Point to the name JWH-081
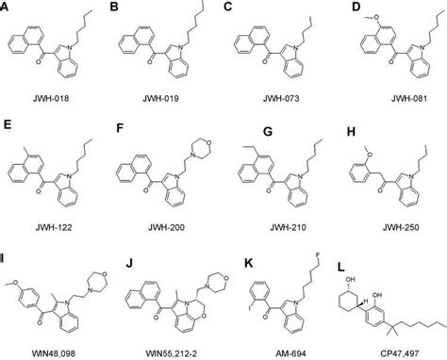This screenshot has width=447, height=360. (x=385, y=96)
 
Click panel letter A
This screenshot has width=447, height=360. (x=8, y=8)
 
